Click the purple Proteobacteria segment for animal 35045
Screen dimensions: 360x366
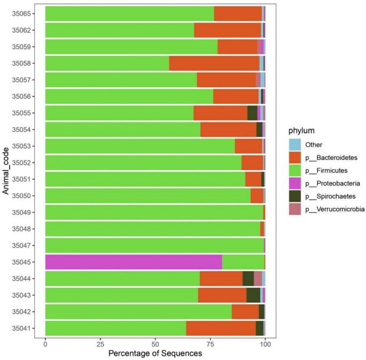coord(134,262)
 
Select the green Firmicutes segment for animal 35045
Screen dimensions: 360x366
coord(243,262)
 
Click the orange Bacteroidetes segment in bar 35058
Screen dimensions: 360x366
coord(214,63)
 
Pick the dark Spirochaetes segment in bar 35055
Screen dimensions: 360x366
coord(252,113)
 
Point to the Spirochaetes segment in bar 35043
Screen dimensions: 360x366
coord(253,295)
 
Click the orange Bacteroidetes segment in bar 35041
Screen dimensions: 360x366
coord(221,328)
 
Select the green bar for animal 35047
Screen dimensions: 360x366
coord(154,246)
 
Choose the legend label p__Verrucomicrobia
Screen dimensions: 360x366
coord(334,209)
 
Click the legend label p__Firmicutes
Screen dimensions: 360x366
coord(327,171)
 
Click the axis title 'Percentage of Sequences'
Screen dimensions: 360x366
coord(155,354)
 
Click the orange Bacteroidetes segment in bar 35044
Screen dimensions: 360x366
coord(221,279)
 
